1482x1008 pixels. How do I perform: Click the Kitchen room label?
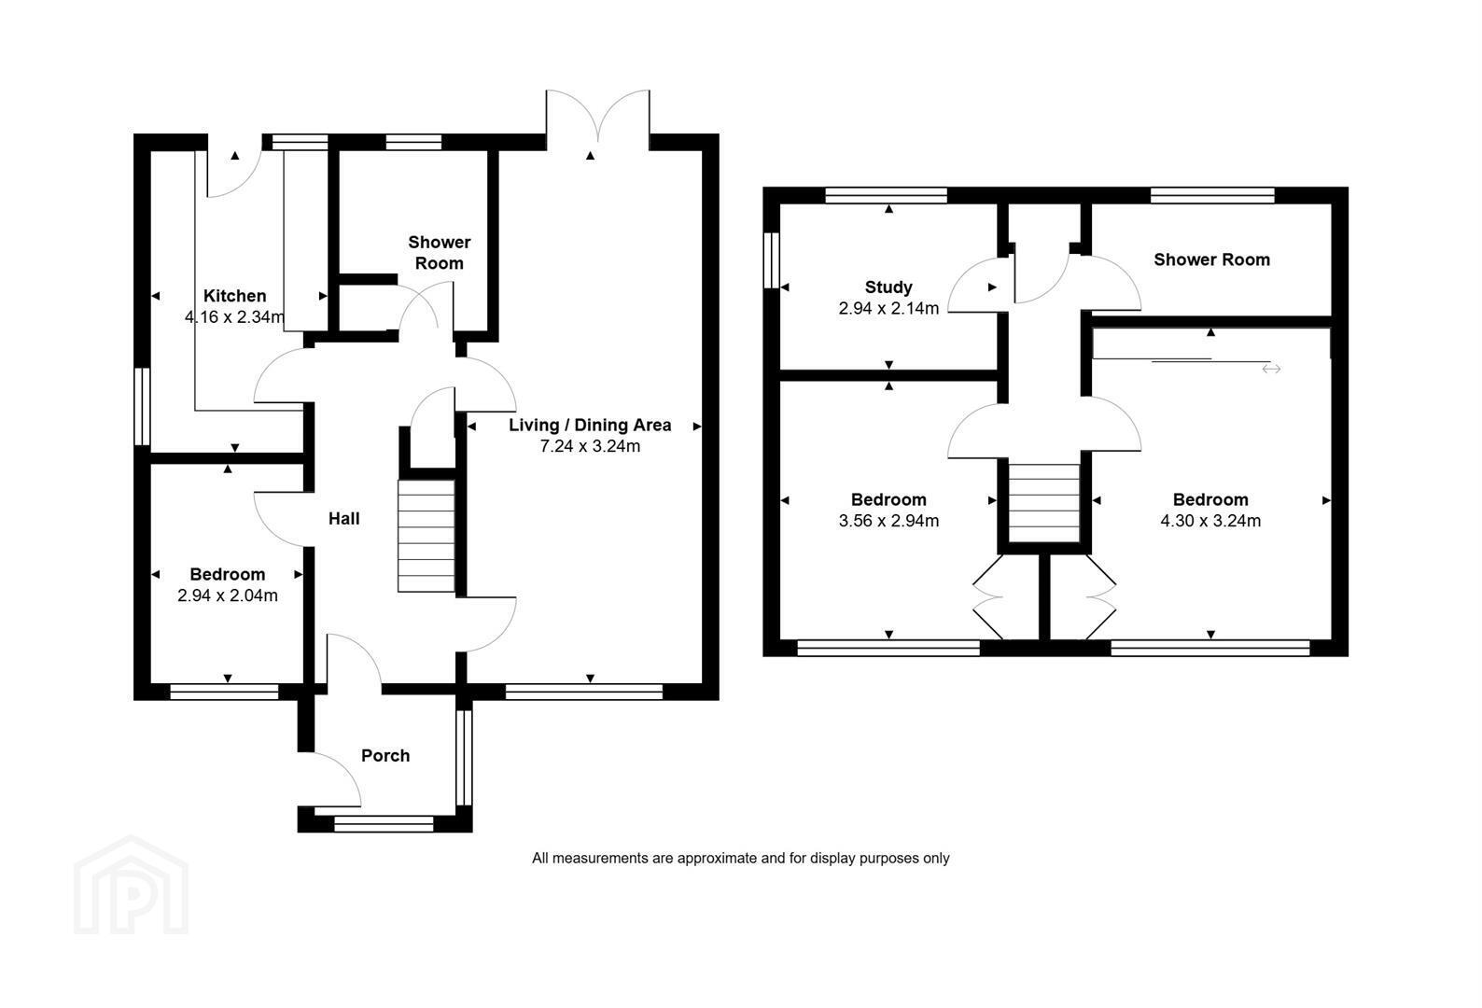click(x=235, y=296)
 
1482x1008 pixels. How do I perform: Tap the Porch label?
click(x=385, y=755)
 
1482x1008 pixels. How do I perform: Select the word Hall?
click(x=344, y=518)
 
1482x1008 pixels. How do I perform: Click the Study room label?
click(x=888, y=287)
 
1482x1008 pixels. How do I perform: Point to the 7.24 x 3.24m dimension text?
click(x=590, y=446)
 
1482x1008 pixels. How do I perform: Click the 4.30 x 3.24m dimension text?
click(x=1210, y=521)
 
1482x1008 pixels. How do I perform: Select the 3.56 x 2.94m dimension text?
click(x=888, y=521)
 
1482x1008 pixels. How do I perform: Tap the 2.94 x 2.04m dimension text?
click(x=228, y=595)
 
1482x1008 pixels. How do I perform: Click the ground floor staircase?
click(x=426, y=536)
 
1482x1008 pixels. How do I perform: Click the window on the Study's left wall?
click(x=772, y=259)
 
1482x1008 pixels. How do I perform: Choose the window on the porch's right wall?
click(x=465, y=757)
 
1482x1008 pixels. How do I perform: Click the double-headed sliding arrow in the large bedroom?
click(x=1271, y=369)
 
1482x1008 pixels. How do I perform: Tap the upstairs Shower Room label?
click(x=1211, y=259)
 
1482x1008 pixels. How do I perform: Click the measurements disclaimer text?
click(x=740, y=859)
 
